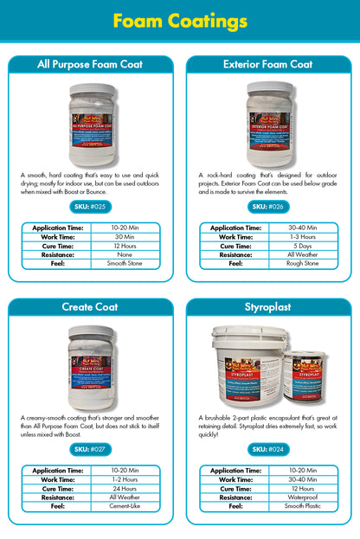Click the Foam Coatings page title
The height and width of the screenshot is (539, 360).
[180, 20]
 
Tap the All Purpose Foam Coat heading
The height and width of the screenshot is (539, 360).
[90, 65]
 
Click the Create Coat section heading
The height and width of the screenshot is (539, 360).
[90, 307]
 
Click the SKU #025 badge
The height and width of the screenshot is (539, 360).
[89, 207]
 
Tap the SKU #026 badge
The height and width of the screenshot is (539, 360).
[268, 207]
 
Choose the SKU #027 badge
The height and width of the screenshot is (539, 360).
[89, 449]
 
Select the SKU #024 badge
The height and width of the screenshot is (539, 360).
[268, 449]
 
